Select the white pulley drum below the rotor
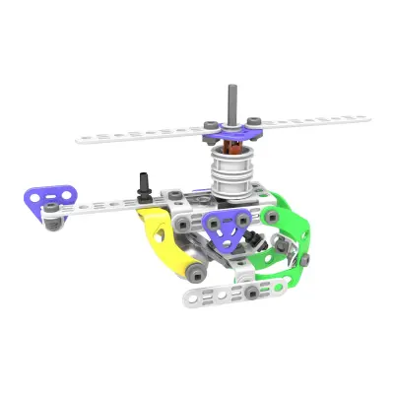pyautogui.click(x=234, y=178)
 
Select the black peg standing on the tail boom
pyautogui.click(x=144, y=183)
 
